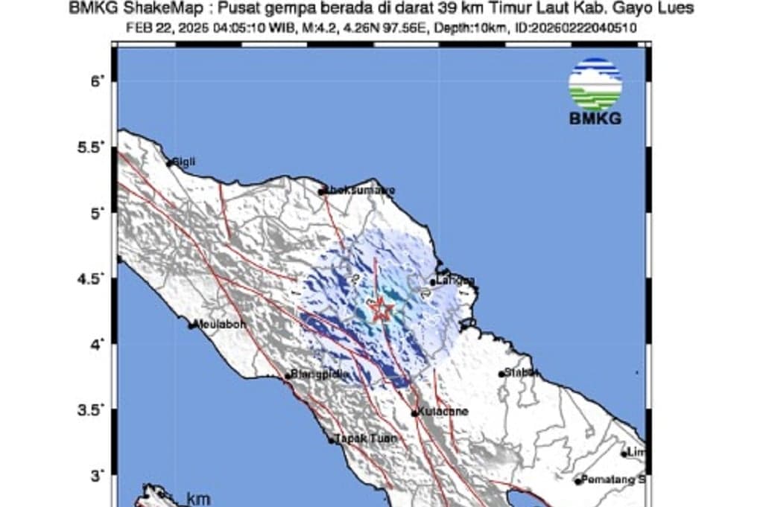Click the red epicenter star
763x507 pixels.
(x=381, y=309)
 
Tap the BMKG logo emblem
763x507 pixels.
(x=595, y=83)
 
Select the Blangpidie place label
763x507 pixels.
(x=318, y=374)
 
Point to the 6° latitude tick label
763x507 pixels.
(x=95, y=81)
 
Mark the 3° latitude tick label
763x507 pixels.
(x=95, y=475)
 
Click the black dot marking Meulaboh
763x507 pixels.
(x=192, y=325)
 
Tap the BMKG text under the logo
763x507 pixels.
(x=595, y=118)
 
